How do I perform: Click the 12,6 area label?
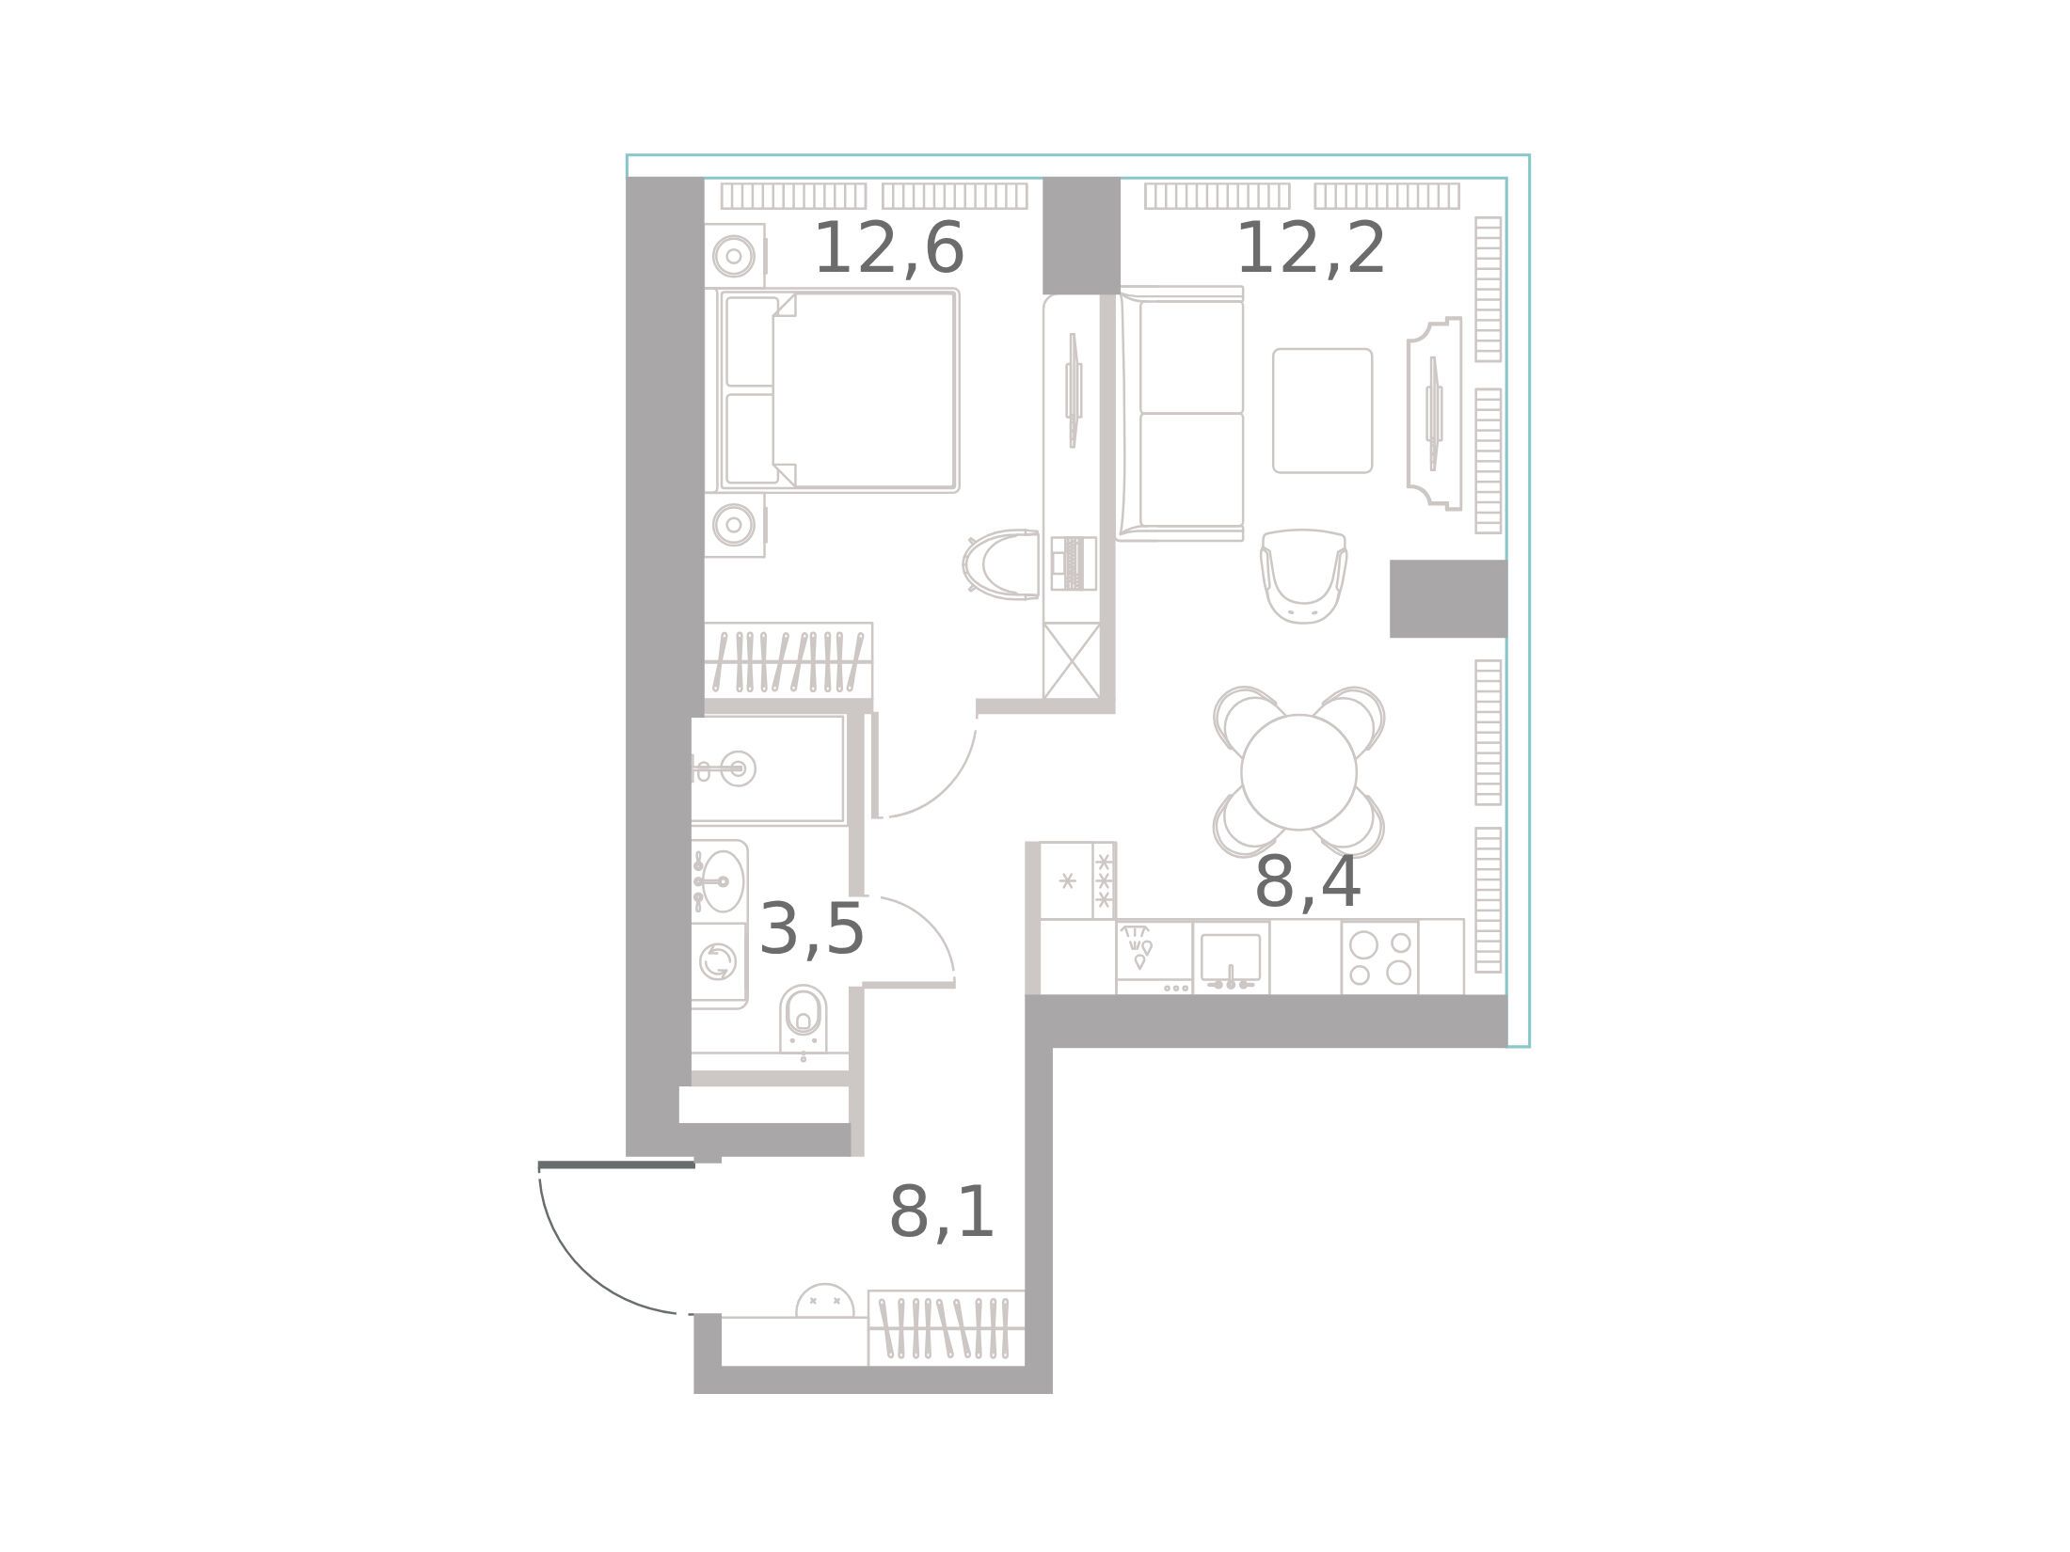(x=889, y=250)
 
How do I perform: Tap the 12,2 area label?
(x=1311, y=250)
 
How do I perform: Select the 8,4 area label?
(x=1308, y=884)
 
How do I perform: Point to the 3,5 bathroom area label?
(x=811, y=930)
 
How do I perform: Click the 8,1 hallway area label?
(x=942, y=1213)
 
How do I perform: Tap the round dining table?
(x=1298, y=772)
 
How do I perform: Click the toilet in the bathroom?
(x=804, y=1019)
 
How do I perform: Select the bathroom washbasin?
(x=720, y=881)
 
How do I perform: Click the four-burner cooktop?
(x=1379, y=958)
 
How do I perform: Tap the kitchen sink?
(x=1231, y=958)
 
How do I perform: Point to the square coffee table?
(x=1322, y=411)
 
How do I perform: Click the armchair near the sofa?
(x=1303, y=576)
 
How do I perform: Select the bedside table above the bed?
(x=735, y=255)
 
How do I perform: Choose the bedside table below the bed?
(x=735, y=525)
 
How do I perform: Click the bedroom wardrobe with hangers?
(x=788, y=661)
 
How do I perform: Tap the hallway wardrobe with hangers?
(x=946, y=1328)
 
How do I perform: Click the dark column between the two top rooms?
(x=1081, y=236)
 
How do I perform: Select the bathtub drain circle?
(x=739, y=768)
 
